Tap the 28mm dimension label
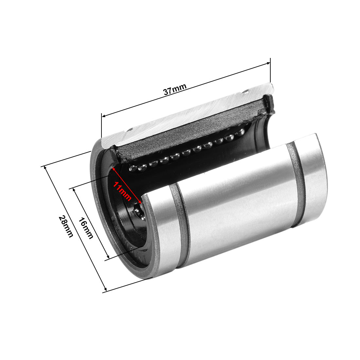(65, 226)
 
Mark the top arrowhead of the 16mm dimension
(74, 190)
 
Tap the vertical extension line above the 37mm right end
(270, 70)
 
